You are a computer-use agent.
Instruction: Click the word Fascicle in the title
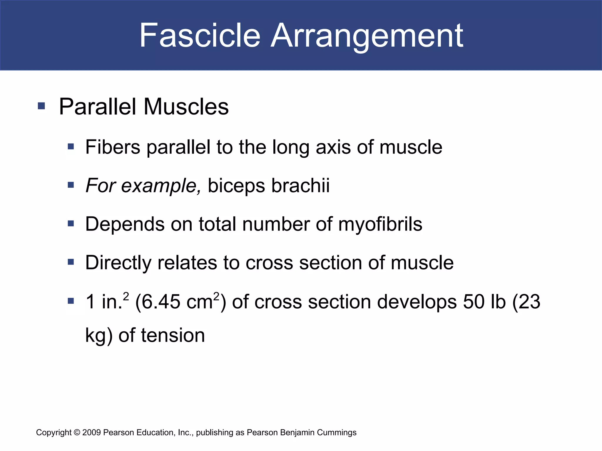(x=200, y=36)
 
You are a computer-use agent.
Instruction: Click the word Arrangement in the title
(x=367, y=36)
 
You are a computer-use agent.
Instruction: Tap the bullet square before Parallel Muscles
(x=41, y=106)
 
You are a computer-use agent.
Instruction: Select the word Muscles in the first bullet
(x=186, y=107)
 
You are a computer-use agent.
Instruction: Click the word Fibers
(x=113, y=147)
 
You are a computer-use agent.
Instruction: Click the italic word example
(x=161, y=186)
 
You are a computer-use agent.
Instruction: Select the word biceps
(x=236, y=186)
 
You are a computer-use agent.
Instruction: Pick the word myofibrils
(x=380, y=224)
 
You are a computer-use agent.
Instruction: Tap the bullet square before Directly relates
(x=71, y=262)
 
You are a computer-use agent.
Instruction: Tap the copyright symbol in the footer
(x=77, y=433)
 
